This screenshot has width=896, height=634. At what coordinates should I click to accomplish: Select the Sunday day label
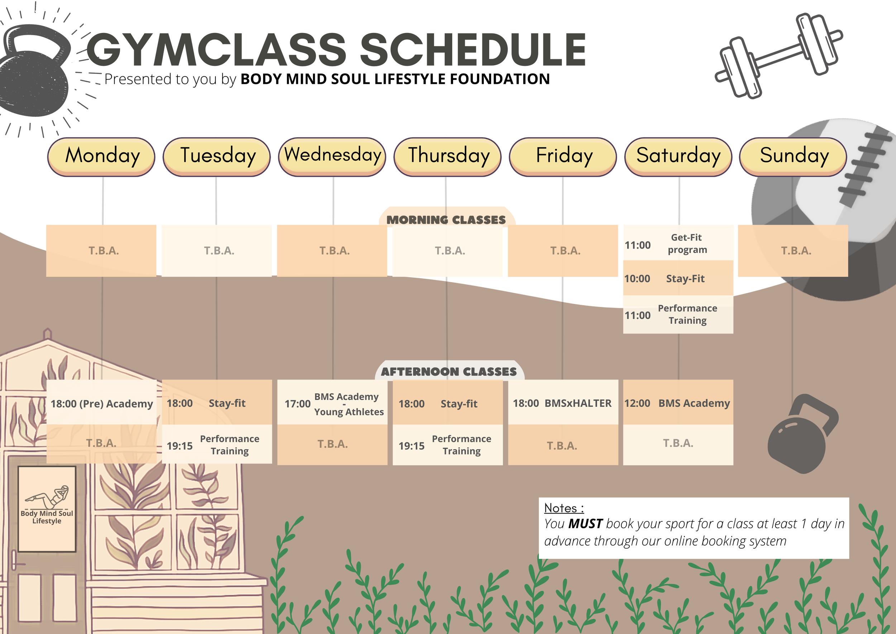(x=793, y=156)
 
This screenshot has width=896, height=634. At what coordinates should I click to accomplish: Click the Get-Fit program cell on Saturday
(x=678, y=243)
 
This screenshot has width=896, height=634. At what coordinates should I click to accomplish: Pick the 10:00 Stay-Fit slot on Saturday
(x=678, y=278)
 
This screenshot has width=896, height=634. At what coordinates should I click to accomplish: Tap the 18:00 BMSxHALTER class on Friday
(x=562, y=403)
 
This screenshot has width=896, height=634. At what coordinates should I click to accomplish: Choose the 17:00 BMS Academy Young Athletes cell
(x=333, y=404)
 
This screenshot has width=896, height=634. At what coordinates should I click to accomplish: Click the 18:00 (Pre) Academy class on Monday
(x=101, y=403)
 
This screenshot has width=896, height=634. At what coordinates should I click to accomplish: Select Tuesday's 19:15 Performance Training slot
(x=217, y=445)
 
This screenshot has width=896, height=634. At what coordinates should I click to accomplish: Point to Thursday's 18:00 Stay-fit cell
(x=447, y=403)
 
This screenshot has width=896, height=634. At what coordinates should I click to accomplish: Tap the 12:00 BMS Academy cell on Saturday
(x=678, y=403)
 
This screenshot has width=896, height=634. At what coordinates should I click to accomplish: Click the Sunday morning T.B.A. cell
(x=793, y=251)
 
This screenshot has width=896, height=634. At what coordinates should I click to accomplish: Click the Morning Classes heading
(x=446, y=220)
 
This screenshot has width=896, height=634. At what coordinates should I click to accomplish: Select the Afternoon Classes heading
(x=449, y=371)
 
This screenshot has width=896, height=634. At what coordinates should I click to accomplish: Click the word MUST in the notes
(x=585, y=524)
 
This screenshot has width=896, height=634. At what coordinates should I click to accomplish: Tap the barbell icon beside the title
(x=778, y=56)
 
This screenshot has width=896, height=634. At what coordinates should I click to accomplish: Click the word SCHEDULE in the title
(x=473, y=50)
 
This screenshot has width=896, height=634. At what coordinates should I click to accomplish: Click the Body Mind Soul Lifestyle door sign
(x=47, y=509)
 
